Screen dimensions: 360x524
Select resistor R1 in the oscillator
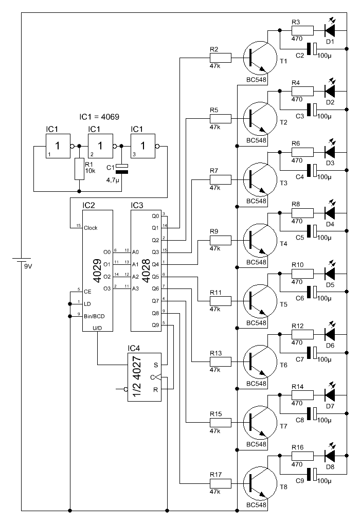click(x=79, y=169)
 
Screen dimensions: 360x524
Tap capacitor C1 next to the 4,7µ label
click(x=122, y=169)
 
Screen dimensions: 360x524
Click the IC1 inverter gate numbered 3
click(x=143, y=146)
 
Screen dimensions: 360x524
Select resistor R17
click(x=221, y=483)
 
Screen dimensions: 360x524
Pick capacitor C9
click(x=312, y=474)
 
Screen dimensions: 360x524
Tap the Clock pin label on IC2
click(x=91, y=228)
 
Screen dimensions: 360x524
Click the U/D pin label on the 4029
click(x=97, y=328)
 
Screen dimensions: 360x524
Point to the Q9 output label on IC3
click(x=155, y=325)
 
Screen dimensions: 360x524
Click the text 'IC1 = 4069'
click(x=99, y=117)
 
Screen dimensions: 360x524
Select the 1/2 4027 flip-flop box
click(x=145, y=377)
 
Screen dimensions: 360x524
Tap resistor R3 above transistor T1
click(x=302, y=31)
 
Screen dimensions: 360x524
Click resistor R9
click(x=221, y=240)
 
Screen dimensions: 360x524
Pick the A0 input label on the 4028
click(x=135, y=252)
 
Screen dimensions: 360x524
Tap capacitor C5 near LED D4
click(x=312, y=231)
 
